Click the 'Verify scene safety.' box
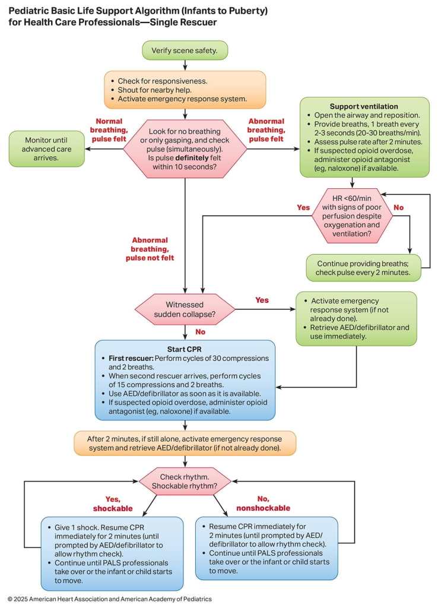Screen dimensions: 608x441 (185, 50)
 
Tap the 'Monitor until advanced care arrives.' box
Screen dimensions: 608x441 (47, 148)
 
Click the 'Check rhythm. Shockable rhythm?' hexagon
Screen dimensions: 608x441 (185, 482)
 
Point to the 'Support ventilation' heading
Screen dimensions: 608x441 (364, 106)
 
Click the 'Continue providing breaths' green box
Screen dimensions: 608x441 (363, 268)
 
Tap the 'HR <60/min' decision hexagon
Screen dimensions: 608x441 (352, 215)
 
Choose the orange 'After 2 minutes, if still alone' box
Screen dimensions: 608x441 (185, 443)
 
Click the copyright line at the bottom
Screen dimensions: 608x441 (109, 599)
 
